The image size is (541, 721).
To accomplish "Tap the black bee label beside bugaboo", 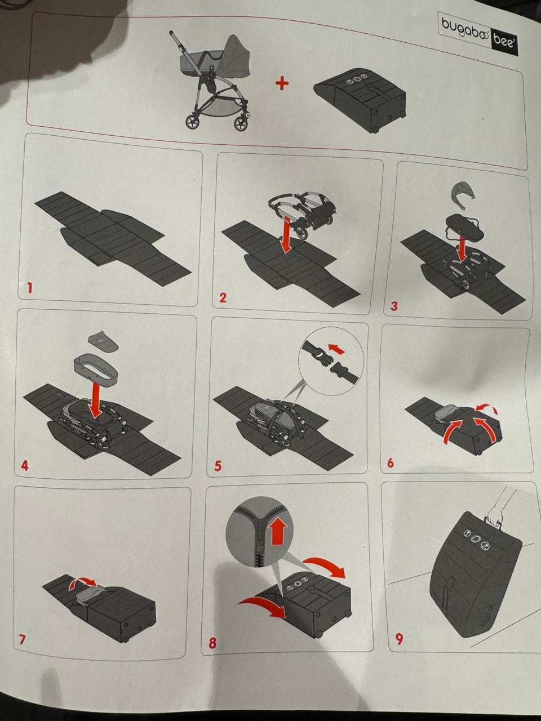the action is pyautogui.click(x=504, y=43).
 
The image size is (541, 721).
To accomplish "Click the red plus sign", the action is pyautogui.click(x=282, y=83).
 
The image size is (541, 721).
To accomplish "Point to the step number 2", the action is pyautogui.click(x=223, y=297).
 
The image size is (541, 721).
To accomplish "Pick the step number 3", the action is pyautogui.click(x=394, y=306).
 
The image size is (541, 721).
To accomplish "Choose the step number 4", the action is pyautogui.click(x=25, y=466).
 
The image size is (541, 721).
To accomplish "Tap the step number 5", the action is pyautogui.click(x=218, y=466).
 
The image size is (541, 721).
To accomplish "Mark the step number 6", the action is pyautogui.click(x=390, y=462).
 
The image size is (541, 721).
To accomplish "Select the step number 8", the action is pyautogui.click(x=213, y=643).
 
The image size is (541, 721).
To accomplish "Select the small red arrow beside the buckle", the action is pyautogui.click(x=336, y=349).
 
